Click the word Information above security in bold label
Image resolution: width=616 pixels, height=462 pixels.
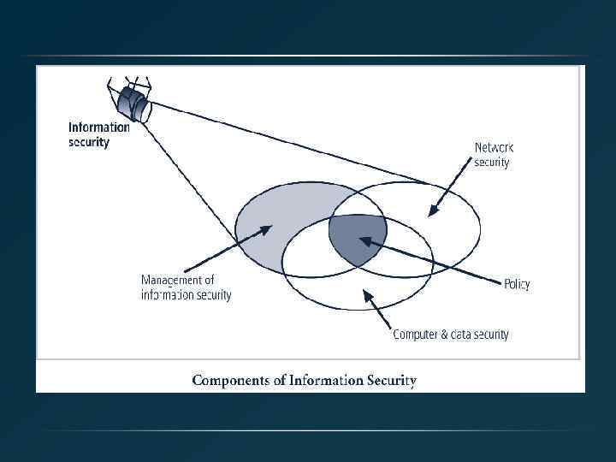pos(99,127)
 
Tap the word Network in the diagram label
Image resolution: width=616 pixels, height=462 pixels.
pos(495,147)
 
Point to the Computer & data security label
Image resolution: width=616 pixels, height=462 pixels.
pos(451,335)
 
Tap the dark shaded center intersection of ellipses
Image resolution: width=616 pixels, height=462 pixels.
pos(357,237)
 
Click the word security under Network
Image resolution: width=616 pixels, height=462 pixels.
pos(492,163)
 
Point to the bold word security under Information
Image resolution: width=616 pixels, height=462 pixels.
pos(89,142)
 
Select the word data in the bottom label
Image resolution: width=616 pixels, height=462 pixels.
pos(461,335)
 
